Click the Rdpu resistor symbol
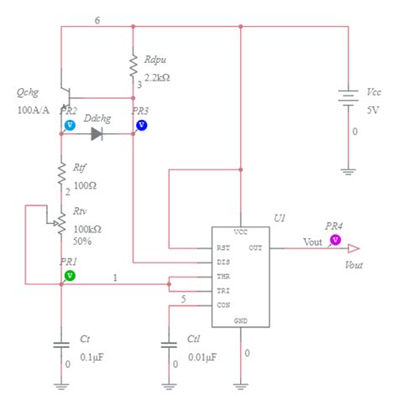click(x=133, y=65)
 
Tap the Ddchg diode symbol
click(x=97, y=133)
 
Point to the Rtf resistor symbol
click(x=60, y=173)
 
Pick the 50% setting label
click(x=82, y=241)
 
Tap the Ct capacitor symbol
click(x=60, y=345)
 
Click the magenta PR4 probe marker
click(x=335, y=239)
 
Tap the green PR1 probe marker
click(x=70, y=274)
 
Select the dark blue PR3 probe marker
click(x=141, y=125)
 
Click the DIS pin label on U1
click(x=223, y=262)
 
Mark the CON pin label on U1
click(x=223, y=304)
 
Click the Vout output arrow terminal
click(x=353, y=248)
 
